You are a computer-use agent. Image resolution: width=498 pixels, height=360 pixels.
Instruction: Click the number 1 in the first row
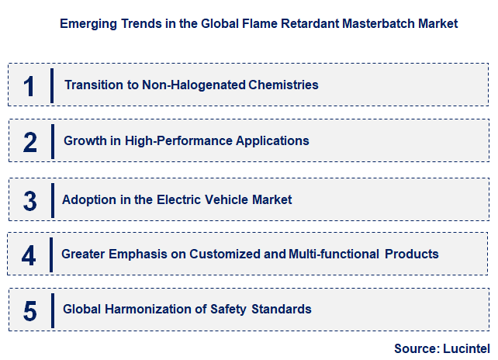29,85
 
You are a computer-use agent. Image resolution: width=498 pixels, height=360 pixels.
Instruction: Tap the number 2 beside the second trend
29,142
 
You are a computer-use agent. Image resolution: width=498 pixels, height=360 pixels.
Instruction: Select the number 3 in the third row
29,201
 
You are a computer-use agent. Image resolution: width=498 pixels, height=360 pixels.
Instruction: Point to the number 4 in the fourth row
29,255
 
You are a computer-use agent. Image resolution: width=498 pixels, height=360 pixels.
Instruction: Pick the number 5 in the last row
29,310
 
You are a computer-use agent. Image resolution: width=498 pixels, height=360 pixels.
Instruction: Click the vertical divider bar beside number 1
51,85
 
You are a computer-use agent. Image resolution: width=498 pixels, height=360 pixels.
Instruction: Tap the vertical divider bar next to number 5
51,310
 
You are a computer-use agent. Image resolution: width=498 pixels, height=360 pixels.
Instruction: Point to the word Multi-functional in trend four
333,254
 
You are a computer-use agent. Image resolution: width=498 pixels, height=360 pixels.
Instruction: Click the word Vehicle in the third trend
227,199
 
